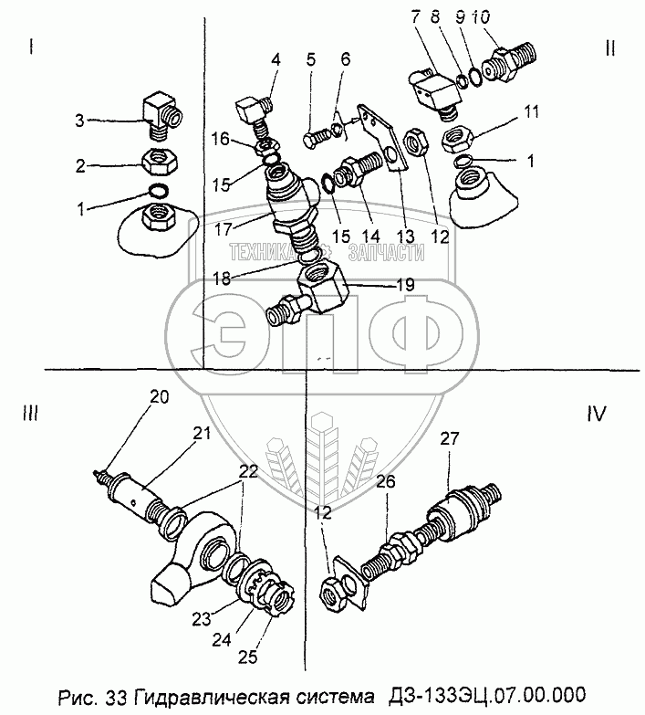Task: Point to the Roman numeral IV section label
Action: pos(597,413)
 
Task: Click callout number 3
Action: pos(79,120)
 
